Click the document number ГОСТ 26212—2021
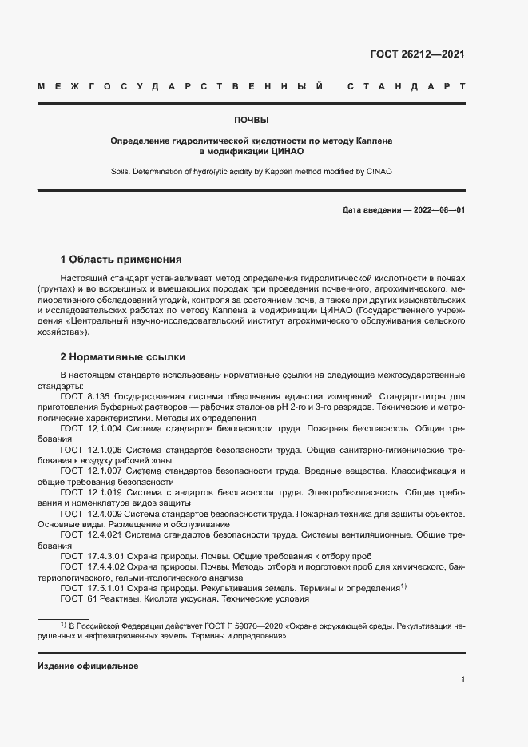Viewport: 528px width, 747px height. click(416, 54)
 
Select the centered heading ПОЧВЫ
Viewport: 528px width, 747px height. click(251, 119)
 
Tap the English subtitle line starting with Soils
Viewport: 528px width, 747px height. click(251, 171)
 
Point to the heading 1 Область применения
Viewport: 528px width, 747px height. click(121, 260)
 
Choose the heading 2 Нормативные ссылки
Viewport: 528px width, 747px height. click(123, 356)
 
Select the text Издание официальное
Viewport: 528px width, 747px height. click(88, 666)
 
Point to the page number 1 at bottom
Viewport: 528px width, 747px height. click(462, 680)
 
